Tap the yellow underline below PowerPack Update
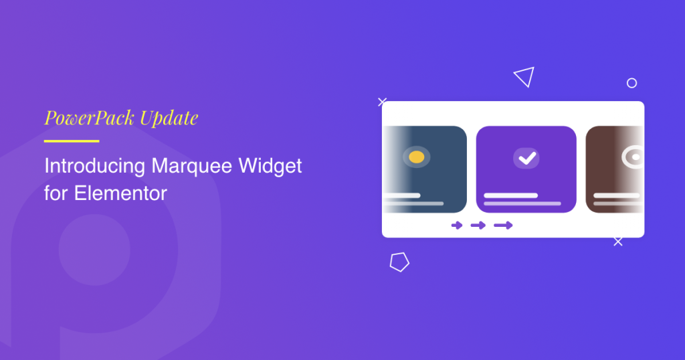[72, 141]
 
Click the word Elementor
[120, 193]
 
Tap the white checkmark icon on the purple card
[526, 158]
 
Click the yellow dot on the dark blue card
[416, 157]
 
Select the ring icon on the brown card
[632, 158]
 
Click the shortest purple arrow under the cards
[457, 226]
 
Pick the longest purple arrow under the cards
[503, 226]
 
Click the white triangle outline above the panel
[525, 76]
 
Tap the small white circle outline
[631, 83]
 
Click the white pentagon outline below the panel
[399, 262]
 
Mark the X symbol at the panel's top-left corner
[382, 102]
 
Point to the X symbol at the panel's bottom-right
[618, 242]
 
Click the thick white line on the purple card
[510, 195]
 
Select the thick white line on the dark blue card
[401, 195]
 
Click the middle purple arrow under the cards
[478, 226]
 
